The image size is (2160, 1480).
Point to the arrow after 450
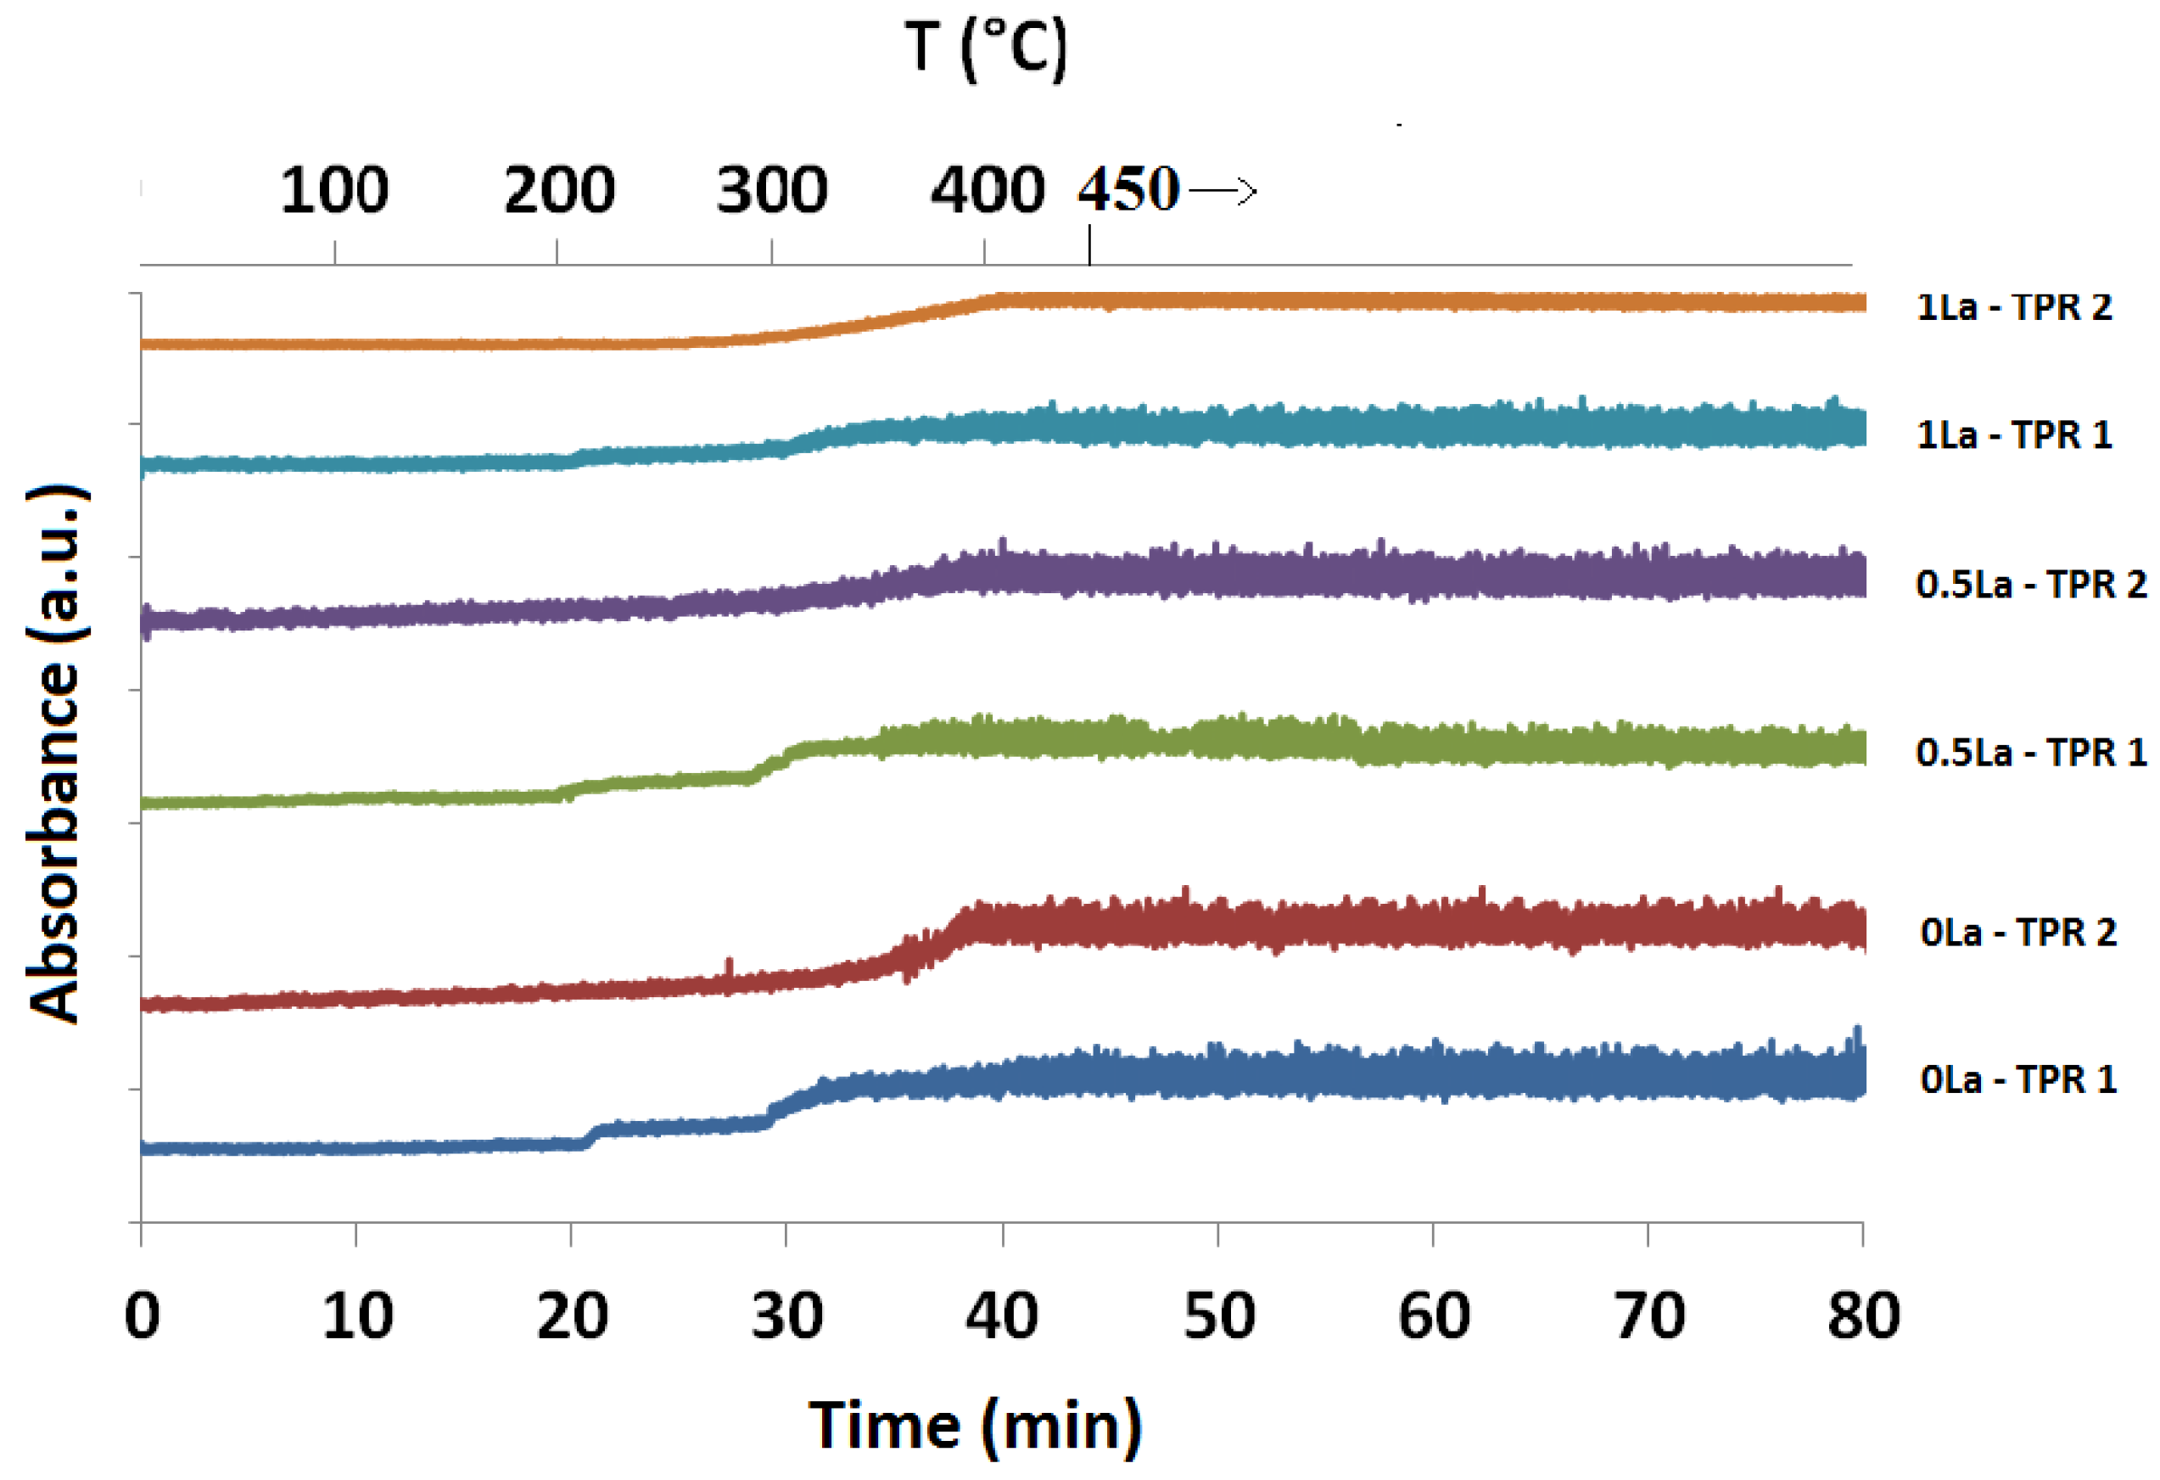coord(1223,192)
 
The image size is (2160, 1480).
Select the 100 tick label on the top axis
coord(334,191)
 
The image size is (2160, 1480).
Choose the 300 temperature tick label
coord(771,191)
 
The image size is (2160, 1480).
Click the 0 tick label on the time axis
coord(143,1316)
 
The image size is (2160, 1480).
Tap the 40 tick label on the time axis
coord(1002,1316)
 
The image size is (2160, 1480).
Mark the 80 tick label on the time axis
coord(1862,1316)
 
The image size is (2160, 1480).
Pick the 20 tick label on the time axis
coord(573,1316)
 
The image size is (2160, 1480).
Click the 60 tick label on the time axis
coord(1433,1316)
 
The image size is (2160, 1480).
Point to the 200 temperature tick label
coord(558,191)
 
